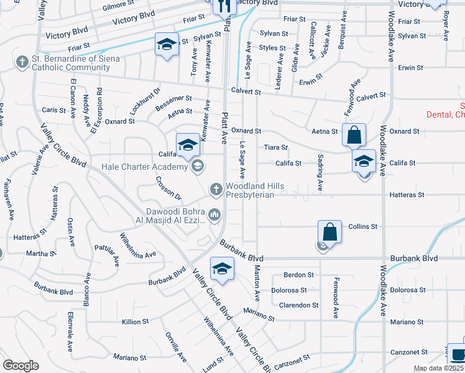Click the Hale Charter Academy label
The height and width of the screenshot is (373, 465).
tap(145, 167)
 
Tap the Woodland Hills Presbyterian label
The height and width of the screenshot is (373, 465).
tap(255, 191)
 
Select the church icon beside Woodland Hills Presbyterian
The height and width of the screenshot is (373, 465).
tap(216, 188)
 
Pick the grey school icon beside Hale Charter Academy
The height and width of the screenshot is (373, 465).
tap(197, 165)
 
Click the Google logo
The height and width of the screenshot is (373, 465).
tap(21, 366)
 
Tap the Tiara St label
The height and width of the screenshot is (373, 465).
tap(275, 147)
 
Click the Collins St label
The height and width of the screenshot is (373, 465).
tap(363, 227)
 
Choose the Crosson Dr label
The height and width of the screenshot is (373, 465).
tap(169, 188)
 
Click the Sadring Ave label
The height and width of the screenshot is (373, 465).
tap(320, 173)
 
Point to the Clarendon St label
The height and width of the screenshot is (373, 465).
tap(298, 305)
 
